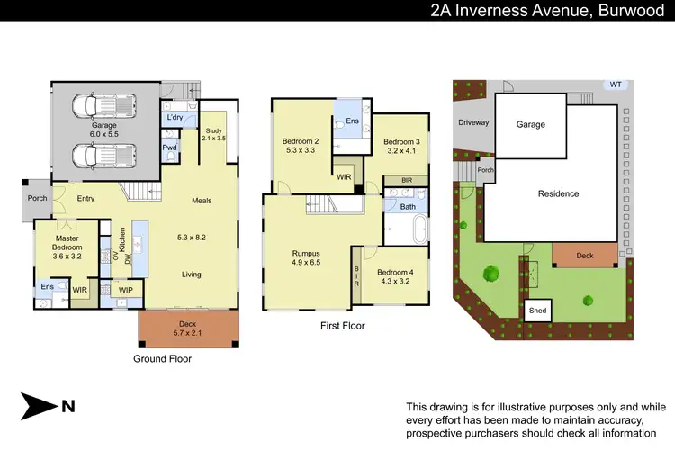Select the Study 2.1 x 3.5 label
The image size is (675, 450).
pyautogui.click(x=213, y=134)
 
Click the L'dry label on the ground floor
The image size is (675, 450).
pyautogui.click(x=174, y=118)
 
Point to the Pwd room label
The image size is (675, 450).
pyautogui.click(x=170, y=148)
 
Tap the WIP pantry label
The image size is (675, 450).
pyautogui.click(x=125, y=290)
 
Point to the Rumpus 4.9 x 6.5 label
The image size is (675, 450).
pyautogui.click(x=307, y=258)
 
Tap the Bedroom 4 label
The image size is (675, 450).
pyautogui.click(x=395, y=277)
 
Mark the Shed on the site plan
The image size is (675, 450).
pyautogui.click(x=538, y=310)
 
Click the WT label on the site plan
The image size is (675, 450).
pyautogui.click(x=616, y=85)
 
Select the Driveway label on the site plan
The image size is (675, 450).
pyautogui.click(x=473, y=121)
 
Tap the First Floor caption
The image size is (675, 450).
pyautogui.click(x=343, y=325)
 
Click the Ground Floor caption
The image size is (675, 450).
pyautogui.click(x=162, y=357)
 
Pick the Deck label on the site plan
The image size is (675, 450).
pyautogui.click(x=585, y=256)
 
